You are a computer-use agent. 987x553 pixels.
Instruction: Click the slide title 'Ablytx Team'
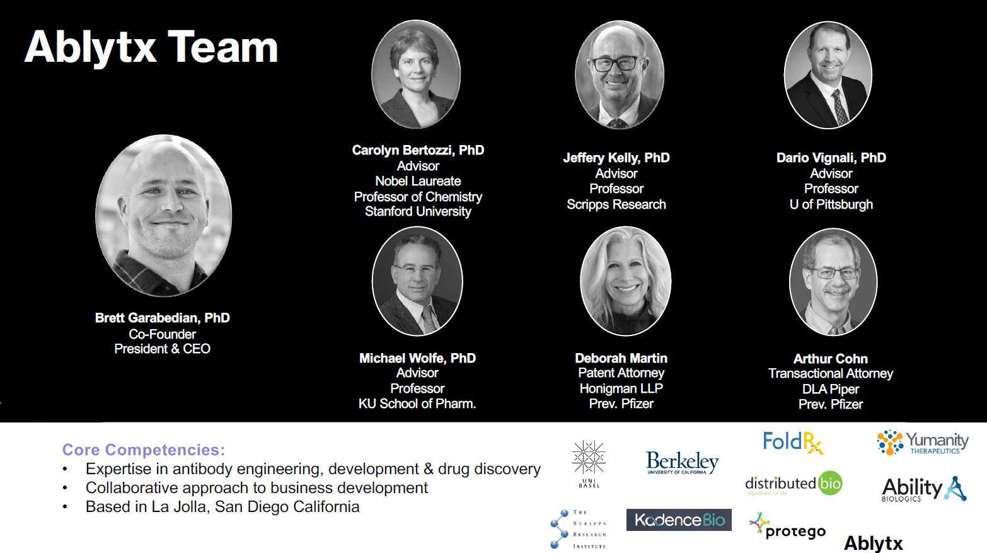click(x=151, y=49)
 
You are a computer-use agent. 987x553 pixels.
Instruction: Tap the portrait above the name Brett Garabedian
click(x=163, y=215)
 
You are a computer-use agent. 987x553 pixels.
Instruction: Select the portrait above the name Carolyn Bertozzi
click(x=416, y=74)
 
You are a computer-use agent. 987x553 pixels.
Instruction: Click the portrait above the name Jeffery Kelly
click(x=619, y=75)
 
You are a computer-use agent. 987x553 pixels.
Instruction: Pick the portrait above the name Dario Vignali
click(x=828, y=75)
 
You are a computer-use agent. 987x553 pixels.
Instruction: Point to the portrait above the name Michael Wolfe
click(x=417, y=281)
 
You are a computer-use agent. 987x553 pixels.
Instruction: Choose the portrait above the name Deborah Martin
click(x=625, y=281)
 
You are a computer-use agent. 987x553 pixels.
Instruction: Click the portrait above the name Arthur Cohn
click(x=833, y=282)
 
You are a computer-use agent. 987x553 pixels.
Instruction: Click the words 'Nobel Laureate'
click(x=418, y=181)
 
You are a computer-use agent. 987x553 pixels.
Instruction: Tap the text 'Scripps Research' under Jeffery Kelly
click(x=616, y=205)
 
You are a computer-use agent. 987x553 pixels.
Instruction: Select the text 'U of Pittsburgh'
click(x=831, y=205)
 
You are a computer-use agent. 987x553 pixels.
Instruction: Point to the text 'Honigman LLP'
click(x=621, y=388)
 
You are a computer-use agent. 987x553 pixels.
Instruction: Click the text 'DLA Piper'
click(x=831, y=390)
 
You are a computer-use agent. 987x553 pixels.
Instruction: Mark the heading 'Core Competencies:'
click(x=144, y=450)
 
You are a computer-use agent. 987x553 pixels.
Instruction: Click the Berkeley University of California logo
click(x=682, y=463)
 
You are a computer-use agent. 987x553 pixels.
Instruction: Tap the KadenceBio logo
click(x=679, y=520)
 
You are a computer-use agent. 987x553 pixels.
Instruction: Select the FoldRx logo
click(x=793, y=442)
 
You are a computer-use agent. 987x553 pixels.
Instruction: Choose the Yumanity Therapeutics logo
click(x=923, y=442)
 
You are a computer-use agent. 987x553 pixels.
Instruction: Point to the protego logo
click(x=787, y=526)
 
